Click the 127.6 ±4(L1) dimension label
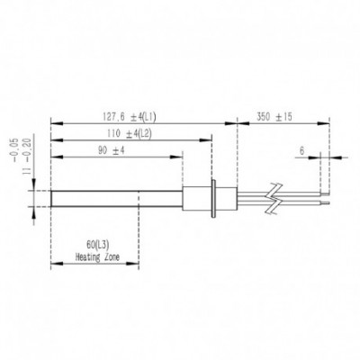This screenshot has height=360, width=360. coord(130,117)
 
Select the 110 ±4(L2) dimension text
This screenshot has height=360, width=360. coord(130,134)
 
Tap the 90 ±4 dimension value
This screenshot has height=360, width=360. coord(111,150)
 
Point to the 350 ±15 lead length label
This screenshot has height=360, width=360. coord(274,117)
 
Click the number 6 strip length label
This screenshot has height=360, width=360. coord(301,151)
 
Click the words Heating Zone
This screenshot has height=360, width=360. coord(97,257)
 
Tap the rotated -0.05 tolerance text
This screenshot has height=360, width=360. coord(16,151)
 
